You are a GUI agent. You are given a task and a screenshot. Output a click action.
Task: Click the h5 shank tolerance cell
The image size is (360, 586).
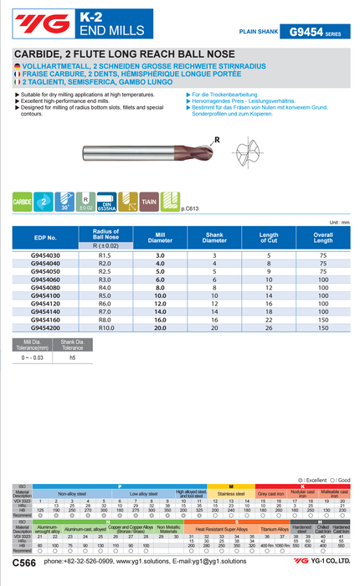pos(72,357)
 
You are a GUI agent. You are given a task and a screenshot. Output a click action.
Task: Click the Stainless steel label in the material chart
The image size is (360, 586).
pos(230,495)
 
